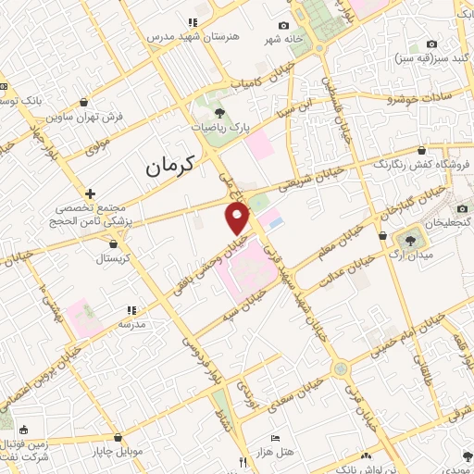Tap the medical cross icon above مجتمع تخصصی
click(x=90, y=194)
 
